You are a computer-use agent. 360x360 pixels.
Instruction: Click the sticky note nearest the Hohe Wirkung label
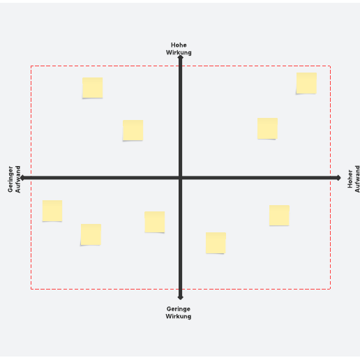pos(133,130)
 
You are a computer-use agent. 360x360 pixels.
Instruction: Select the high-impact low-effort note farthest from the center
pos(93,88)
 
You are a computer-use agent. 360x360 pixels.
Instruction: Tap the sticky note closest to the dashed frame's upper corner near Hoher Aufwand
pos(306,83)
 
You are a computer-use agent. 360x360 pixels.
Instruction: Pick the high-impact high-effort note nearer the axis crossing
pos(267,128)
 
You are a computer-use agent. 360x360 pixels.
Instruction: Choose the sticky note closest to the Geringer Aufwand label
pos(52,211)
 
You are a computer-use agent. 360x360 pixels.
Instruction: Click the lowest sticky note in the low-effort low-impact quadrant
pos(91,234)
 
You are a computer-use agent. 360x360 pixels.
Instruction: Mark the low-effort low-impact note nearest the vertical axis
pos(155,222)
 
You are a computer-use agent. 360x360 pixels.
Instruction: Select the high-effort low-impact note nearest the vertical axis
pos(216,243)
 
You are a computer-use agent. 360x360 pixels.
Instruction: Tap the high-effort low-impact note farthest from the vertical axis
pos(279,216)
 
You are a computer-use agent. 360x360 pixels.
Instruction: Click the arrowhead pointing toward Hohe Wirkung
pos(180,57)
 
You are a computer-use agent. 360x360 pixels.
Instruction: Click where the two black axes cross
pos(180,178)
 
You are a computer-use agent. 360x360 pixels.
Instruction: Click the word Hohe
pos(179,45)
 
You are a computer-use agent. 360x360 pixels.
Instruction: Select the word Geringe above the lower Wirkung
pos(179,309)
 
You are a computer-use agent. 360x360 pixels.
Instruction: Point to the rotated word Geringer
pos(10,179)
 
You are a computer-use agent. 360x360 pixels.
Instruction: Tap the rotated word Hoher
pos(350,179)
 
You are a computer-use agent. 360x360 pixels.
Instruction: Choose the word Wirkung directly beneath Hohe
pos(179,52)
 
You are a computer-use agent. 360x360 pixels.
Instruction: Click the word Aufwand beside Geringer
pos(17,179)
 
